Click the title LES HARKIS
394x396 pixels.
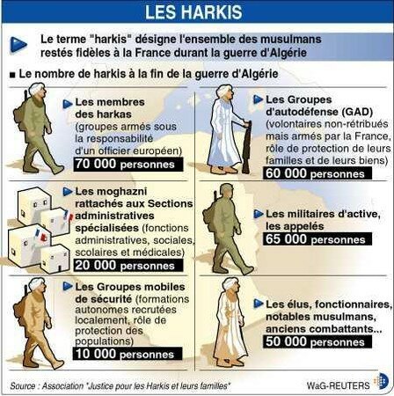[196, 13]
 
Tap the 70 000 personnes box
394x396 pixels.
[119, 164]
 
